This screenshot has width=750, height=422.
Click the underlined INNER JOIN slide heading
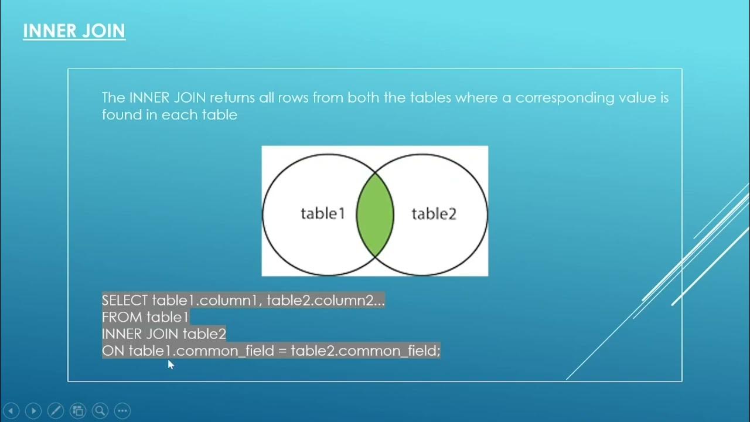pyautogui.click(x=74, y=30)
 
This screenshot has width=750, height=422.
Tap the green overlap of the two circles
pyautogui.click(x=375, y=214)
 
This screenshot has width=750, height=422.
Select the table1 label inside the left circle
pyautogui.click(x=323, y=214)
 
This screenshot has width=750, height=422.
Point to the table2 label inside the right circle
pyautogui.click(x=434, y=214)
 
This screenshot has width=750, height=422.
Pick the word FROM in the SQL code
pyautogui.click(x=122, y=318)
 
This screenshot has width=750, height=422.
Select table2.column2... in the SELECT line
pyautogui.click(x=326, y=301)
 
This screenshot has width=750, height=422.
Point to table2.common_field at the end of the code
pyautogui.click(x=364, y=351)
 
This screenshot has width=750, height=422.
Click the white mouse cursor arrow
pyautogui.click(x=171, y=365)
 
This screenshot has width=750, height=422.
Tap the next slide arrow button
pyautogui.click(x=33, y=410)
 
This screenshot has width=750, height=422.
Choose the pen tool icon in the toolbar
pyautogui.click(x=56, y=410)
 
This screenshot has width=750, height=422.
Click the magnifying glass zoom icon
pyautogui.click(x=100, y=410)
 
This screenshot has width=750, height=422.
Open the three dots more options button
pyautogui.click(x=122, y=410)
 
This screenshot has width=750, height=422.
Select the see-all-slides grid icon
pyautogui.click(x=78, y=410)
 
